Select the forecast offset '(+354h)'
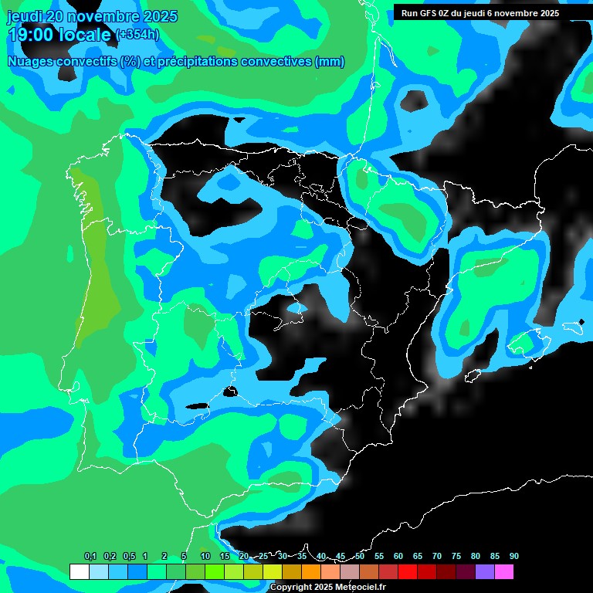point(137,34)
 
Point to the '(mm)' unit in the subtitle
point(330,62)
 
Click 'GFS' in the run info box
point(433,13)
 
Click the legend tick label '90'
point(513,556)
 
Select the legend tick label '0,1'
point(90,556)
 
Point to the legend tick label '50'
point(360,556)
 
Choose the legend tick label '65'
point(418,556)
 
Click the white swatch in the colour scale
point(79,572)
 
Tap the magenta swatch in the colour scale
point(503,572)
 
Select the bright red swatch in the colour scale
point(407,572)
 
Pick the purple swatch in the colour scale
point(484,572)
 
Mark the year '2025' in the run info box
point(549,13)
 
